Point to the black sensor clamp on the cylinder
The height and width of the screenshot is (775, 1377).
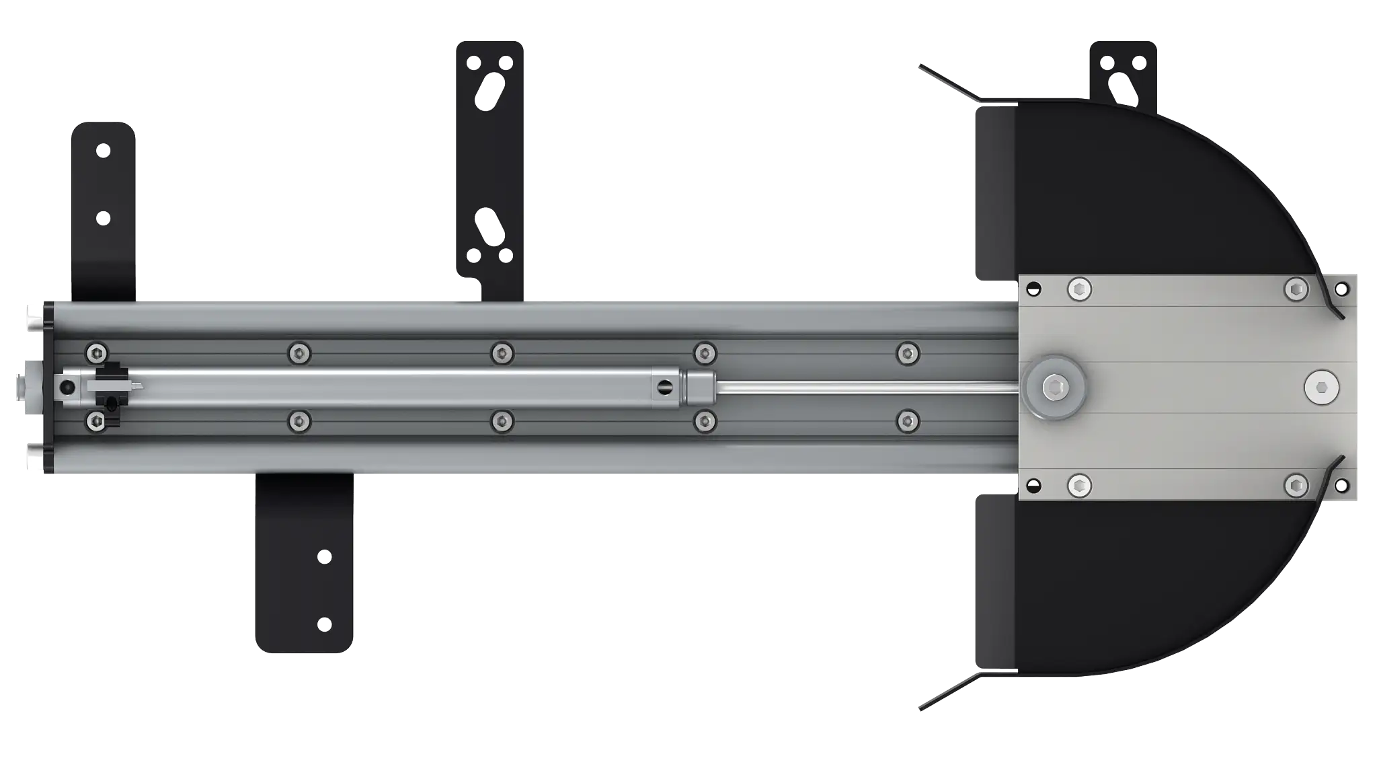[109, 387]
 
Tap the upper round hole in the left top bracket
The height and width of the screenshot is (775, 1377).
[103, 151]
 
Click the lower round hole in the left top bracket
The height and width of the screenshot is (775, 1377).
[103, 218]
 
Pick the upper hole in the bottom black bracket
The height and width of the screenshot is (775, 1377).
[324, 557]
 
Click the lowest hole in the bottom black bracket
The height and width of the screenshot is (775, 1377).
[324, 624]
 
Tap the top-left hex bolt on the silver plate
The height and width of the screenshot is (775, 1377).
[1079, 290]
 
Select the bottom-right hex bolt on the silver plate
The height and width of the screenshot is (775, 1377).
[1296, 485]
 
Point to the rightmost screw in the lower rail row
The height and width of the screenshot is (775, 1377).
[908, 421]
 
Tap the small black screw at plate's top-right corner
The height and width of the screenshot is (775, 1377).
[1341, 290]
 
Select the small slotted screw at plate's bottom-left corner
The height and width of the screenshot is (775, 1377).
[1033, 484]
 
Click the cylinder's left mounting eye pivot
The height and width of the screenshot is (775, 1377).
[67, 387]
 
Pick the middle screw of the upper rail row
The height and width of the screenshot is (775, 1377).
[502, 353]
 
